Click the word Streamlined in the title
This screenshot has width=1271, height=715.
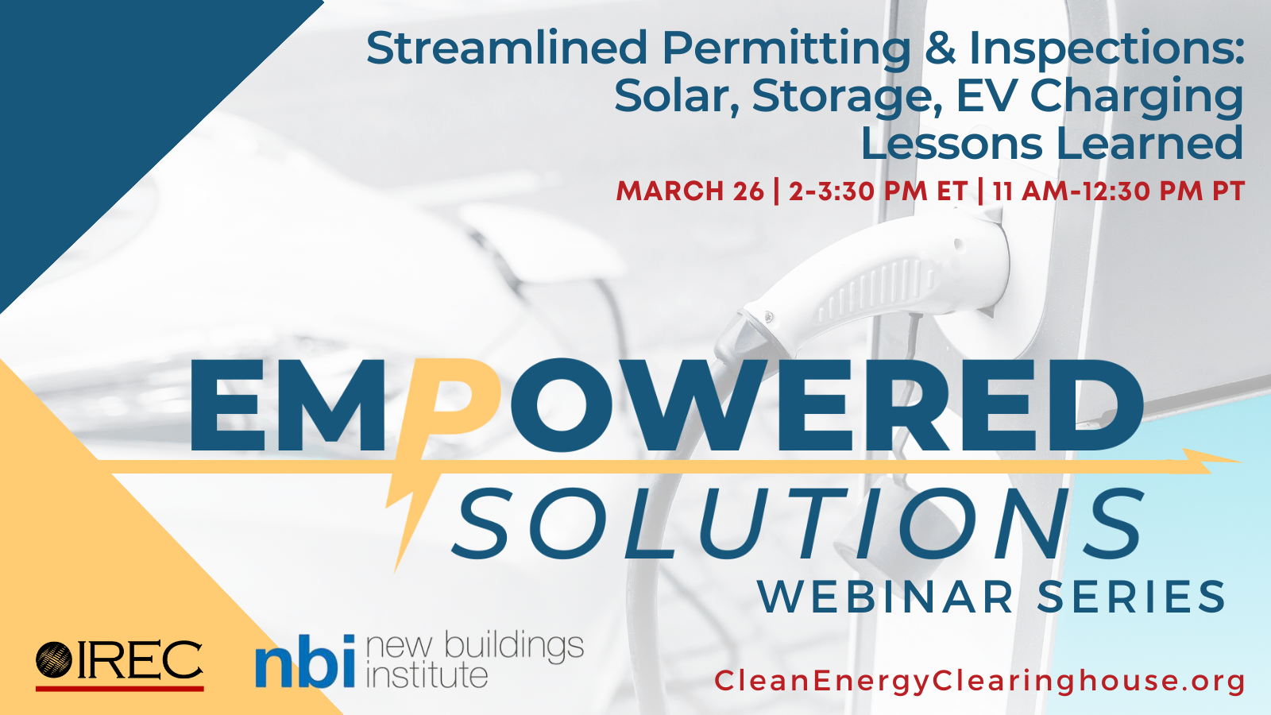tap(506, 48)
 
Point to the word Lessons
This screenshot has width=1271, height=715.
tap(952, 143)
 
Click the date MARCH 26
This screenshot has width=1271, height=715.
tap(690, 191)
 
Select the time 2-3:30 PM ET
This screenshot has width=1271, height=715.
tap(878, 191)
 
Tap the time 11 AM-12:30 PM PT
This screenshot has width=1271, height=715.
tap(1118, 191)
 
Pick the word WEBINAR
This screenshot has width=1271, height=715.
tap(885, 597)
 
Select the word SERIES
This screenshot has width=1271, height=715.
tap(1131, 597)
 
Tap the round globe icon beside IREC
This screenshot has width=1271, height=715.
tap(54, 659)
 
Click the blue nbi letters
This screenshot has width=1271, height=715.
tap(305, 661)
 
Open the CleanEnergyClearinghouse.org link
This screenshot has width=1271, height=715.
tap(980, 682)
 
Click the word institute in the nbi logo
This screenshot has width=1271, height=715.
tap(427, 675)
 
